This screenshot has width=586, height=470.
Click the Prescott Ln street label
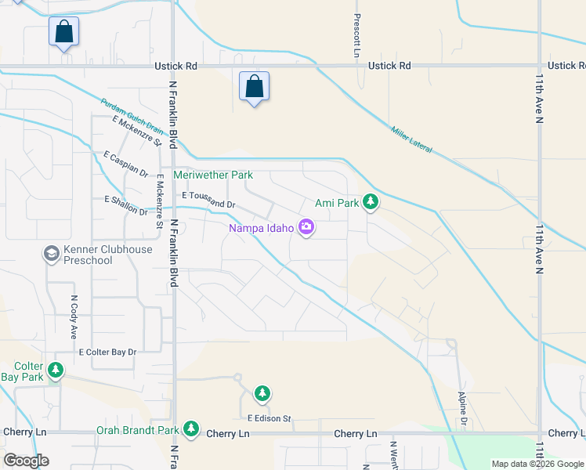[x=356, y=35]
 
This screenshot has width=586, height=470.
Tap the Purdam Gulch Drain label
[x=131, y=116]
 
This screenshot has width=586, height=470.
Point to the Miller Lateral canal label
[x=411, y=139]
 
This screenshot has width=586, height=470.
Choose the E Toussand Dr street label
[x=208, y=200]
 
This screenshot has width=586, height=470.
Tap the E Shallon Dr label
[x=125, y=205]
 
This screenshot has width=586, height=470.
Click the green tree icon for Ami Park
[x=371, y=203]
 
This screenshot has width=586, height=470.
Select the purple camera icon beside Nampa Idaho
[x=306, y=228]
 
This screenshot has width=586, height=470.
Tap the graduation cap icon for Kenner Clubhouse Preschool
[x=51, y=254]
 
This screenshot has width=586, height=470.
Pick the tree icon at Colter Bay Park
[x=55, y=370]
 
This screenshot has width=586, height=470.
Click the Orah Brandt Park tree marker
[x=190, y=428]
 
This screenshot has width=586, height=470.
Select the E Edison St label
[x=269, y=419]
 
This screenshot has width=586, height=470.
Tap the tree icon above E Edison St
[x=262, y=392]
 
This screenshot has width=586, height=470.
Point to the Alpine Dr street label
[x=462, y=410]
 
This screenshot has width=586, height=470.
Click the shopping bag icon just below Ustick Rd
[x=255, y=85]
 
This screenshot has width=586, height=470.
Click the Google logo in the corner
[x=26, y=461]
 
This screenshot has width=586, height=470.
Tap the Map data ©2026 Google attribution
[x=537, y=464]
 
